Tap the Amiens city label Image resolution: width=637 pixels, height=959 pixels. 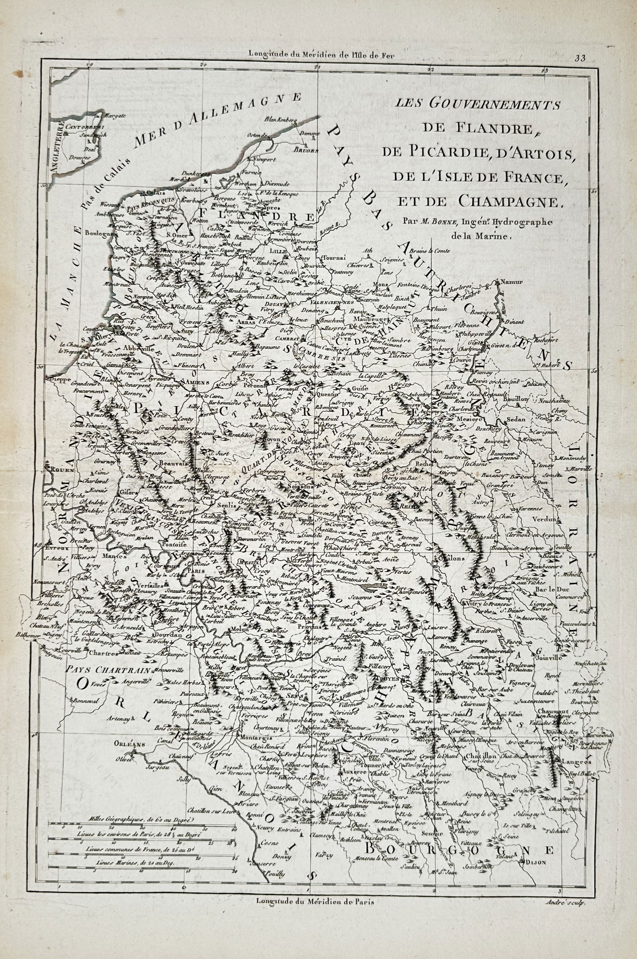coord(197,382)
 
